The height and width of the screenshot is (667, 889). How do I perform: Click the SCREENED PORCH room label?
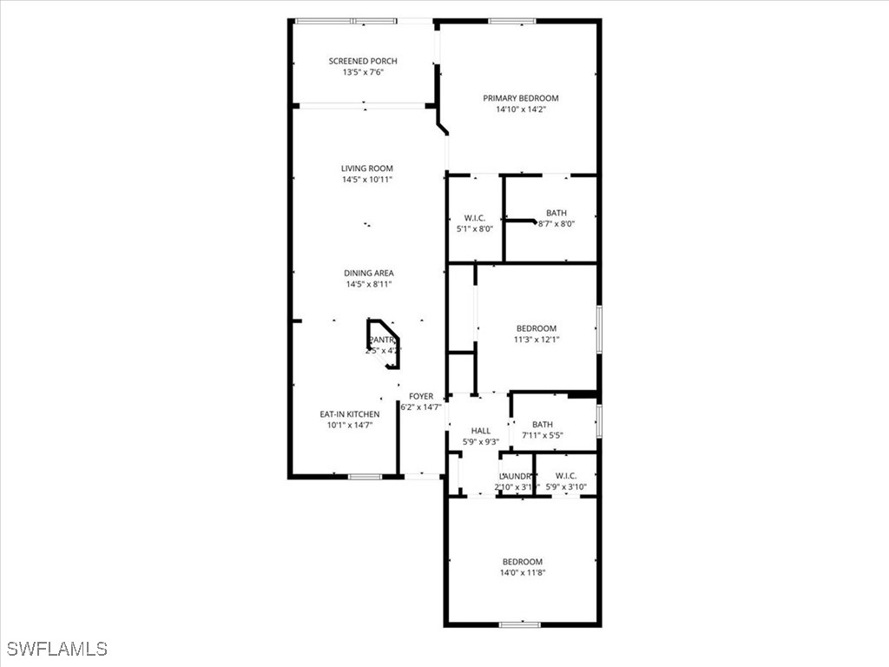point(363,61)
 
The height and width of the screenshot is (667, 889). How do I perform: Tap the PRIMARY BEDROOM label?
point(521,98)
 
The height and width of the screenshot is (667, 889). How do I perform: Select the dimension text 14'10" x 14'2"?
point(521,109)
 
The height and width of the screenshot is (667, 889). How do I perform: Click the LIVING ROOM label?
point(366,168)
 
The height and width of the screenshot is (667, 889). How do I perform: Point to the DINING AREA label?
point(368,273)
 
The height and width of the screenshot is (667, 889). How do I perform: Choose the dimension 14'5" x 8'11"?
point(368,284)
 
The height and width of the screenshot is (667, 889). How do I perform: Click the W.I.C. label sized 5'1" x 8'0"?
point(474,218)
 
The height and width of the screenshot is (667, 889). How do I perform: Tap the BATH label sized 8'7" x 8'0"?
point(556,213)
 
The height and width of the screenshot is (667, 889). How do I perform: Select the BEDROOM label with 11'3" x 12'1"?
point(537,328)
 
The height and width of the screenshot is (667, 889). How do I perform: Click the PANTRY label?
point(383,340)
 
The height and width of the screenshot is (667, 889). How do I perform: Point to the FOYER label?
point(421,396)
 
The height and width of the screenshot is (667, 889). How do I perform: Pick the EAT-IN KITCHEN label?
point(349,414)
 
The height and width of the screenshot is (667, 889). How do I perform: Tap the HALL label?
point(480,431)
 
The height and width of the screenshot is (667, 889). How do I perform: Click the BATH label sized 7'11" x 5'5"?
point(543,425)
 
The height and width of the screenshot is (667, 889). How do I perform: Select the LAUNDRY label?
point(515,476)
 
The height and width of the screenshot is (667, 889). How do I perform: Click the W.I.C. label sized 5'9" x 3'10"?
point(566,476)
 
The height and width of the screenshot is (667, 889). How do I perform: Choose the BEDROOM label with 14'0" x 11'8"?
point(523,562)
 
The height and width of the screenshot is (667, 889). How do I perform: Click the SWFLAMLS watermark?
point(57,649)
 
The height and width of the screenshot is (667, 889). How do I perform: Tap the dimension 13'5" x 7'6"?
point(363,72)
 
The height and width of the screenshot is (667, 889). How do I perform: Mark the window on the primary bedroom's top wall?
point(511,21)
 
